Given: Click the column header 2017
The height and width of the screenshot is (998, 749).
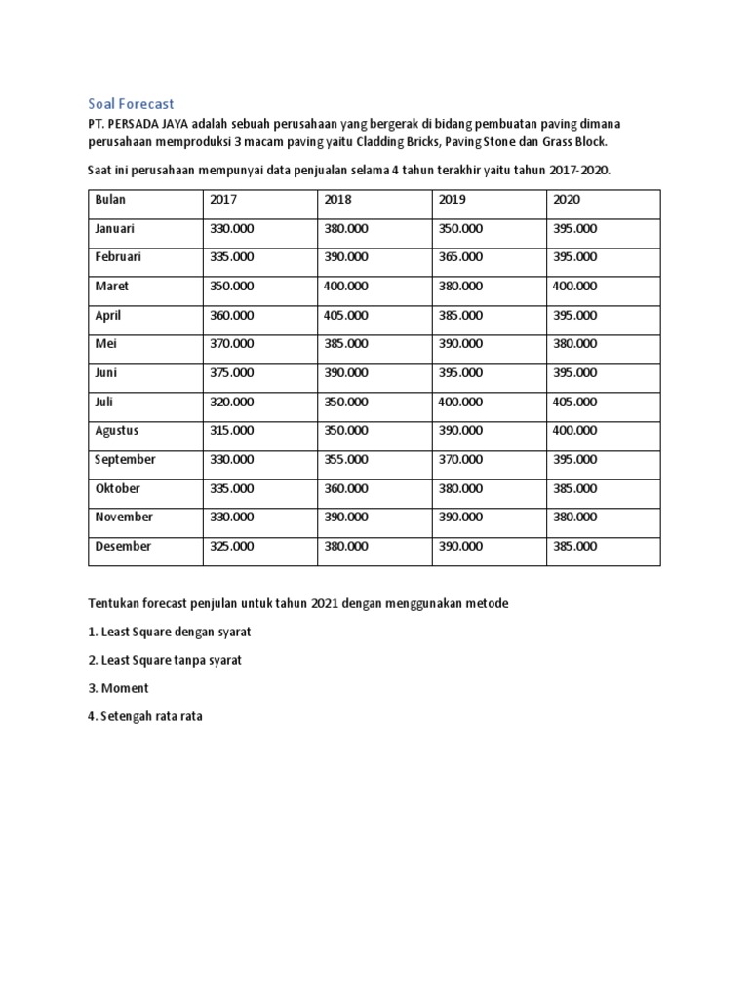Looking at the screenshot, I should click(223, 200).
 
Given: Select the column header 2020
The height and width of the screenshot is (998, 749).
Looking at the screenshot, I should click(567, 200).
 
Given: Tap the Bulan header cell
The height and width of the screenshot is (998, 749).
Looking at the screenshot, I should click(110, 200).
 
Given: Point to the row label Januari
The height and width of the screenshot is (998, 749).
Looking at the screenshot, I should click(115, 229).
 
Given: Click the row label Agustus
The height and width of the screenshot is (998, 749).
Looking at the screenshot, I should click(116, 431).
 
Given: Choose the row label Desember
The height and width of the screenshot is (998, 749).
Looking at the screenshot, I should click(123, 547).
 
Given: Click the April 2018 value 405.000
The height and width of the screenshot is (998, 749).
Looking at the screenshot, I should click(345, 316).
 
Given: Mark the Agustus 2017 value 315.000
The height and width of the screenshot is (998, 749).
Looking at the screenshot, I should click(231, 431).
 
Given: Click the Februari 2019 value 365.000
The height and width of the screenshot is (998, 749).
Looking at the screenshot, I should click(459, 258).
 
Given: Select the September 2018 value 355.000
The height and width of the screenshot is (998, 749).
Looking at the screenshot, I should click(345, 460).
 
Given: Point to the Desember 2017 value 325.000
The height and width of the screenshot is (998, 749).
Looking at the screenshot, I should click(231, 547).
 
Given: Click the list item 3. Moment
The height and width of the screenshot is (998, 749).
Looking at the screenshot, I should click(118, 688).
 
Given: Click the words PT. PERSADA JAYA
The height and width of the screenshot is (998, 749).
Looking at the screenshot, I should click(138, 124).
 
